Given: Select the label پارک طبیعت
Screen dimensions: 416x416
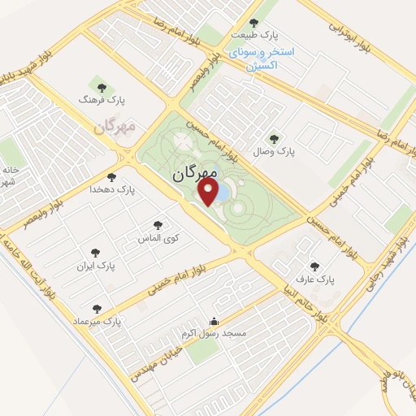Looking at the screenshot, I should (253, 36).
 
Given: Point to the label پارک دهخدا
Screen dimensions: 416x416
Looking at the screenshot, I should (111, 189).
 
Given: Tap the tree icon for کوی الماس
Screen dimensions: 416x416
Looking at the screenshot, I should (158, 225).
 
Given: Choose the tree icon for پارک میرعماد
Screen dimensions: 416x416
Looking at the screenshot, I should (97, 309).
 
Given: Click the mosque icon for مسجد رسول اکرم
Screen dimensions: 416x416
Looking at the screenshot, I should (214, 320).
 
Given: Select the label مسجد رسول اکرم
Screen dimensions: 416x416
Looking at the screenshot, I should (214, 334).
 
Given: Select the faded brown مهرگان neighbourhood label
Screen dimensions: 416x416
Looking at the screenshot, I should (113, 128).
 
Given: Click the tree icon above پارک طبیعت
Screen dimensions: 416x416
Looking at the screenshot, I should (253, 23).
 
